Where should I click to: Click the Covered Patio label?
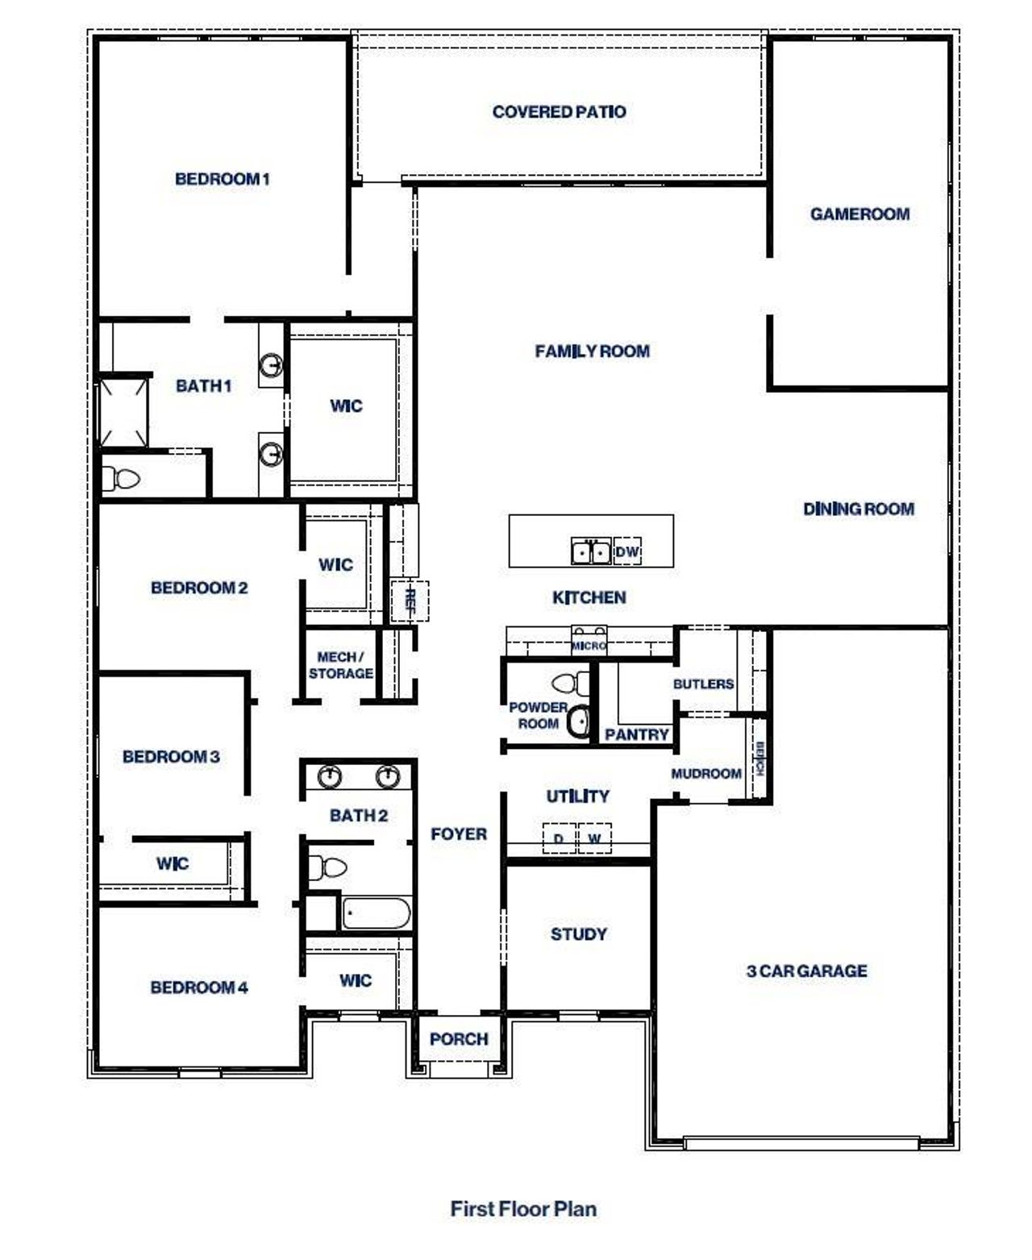coord(559,112)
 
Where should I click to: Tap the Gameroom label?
coord(859,214)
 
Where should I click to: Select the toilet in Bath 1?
coord(122,480)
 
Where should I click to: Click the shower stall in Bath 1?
coord(123,411)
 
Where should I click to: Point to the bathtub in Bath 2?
coord(376,914)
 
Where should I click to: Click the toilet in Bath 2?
coord(327,867)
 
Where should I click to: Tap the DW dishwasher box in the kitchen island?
coord(627,552)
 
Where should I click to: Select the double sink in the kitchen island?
coord(591,552)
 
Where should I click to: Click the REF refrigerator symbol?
coord(410,601)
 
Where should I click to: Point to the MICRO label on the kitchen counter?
coord(589,647)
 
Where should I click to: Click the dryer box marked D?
coord(559,838)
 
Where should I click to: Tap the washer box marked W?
coord(594,838)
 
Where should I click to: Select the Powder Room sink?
coord(578,721)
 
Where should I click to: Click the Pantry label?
coord(636,734)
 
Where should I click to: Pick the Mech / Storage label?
coord(340,666)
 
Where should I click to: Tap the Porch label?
coord(458,1039)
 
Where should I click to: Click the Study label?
coord(578,934)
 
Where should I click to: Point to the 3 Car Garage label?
coord(806,971)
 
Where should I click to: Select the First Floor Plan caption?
coord(523,1209)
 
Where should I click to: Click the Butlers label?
coord(703,684)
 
